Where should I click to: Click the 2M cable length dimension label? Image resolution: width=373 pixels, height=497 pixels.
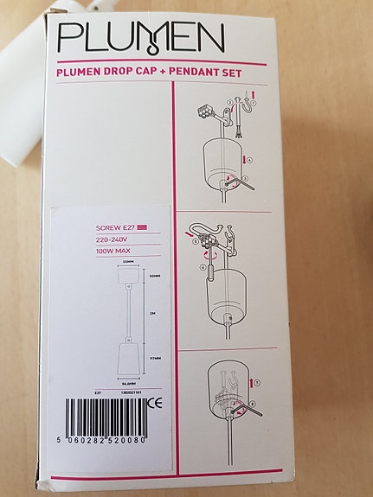click(x=152, y=315)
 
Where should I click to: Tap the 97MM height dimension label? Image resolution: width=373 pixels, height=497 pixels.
click(x=153, y=354)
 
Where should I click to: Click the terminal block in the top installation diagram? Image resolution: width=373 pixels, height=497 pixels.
click(x=206, y=112)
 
